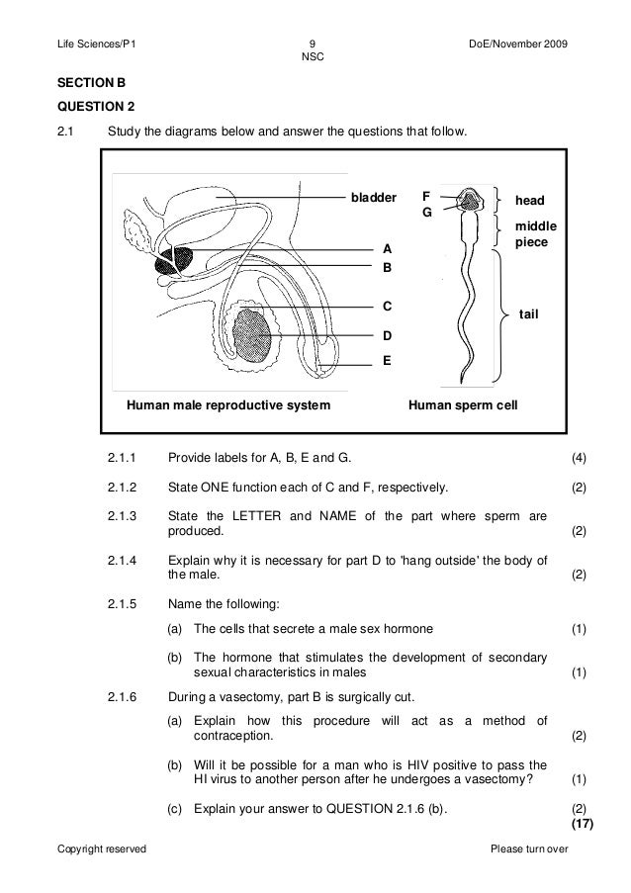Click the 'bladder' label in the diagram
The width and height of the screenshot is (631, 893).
[374, 197]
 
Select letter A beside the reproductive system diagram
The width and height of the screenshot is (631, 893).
[388, 248]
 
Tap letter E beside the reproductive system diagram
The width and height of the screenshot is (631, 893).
[388, 361]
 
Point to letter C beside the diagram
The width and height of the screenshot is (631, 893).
[388, 307]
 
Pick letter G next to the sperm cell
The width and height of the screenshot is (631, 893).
[426, 212]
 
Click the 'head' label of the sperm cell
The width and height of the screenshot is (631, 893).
[529, 200]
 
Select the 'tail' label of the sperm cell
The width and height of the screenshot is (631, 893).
[531, 313]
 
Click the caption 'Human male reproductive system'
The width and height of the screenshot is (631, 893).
[227, 405]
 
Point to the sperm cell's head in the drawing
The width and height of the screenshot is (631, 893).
[472, 201]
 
